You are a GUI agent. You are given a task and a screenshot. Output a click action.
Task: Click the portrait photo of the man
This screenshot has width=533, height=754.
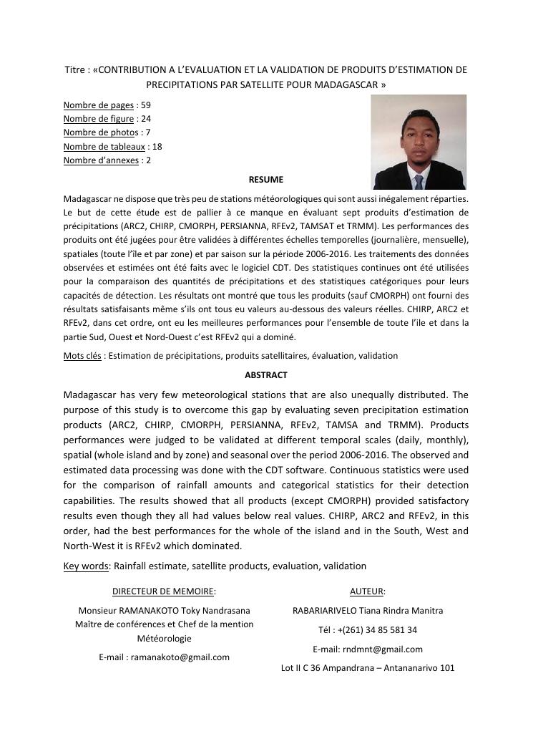coord(419,142)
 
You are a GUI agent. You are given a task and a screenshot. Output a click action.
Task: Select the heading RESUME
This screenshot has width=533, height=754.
coord(266,180)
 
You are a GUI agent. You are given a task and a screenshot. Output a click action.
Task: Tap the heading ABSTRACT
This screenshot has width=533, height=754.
coord(266,374)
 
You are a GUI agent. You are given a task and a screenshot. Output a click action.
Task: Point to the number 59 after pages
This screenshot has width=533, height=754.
coord(146,105)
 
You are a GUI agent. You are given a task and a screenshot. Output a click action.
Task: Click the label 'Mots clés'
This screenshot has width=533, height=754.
coord(82,356)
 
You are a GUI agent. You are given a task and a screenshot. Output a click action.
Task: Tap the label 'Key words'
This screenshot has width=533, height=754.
coord(86,566)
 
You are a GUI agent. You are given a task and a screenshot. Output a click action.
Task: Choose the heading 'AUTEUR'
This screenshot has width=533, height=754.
coord(367,591)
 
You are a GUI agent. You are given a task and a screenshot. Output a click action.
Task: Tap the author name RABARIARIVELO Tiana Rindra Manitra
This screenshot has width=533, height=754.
coord(367,611)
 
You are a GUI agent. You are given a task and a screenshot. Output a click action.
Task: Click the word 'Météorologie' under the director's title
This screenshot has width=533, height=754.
coord(164,639)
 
